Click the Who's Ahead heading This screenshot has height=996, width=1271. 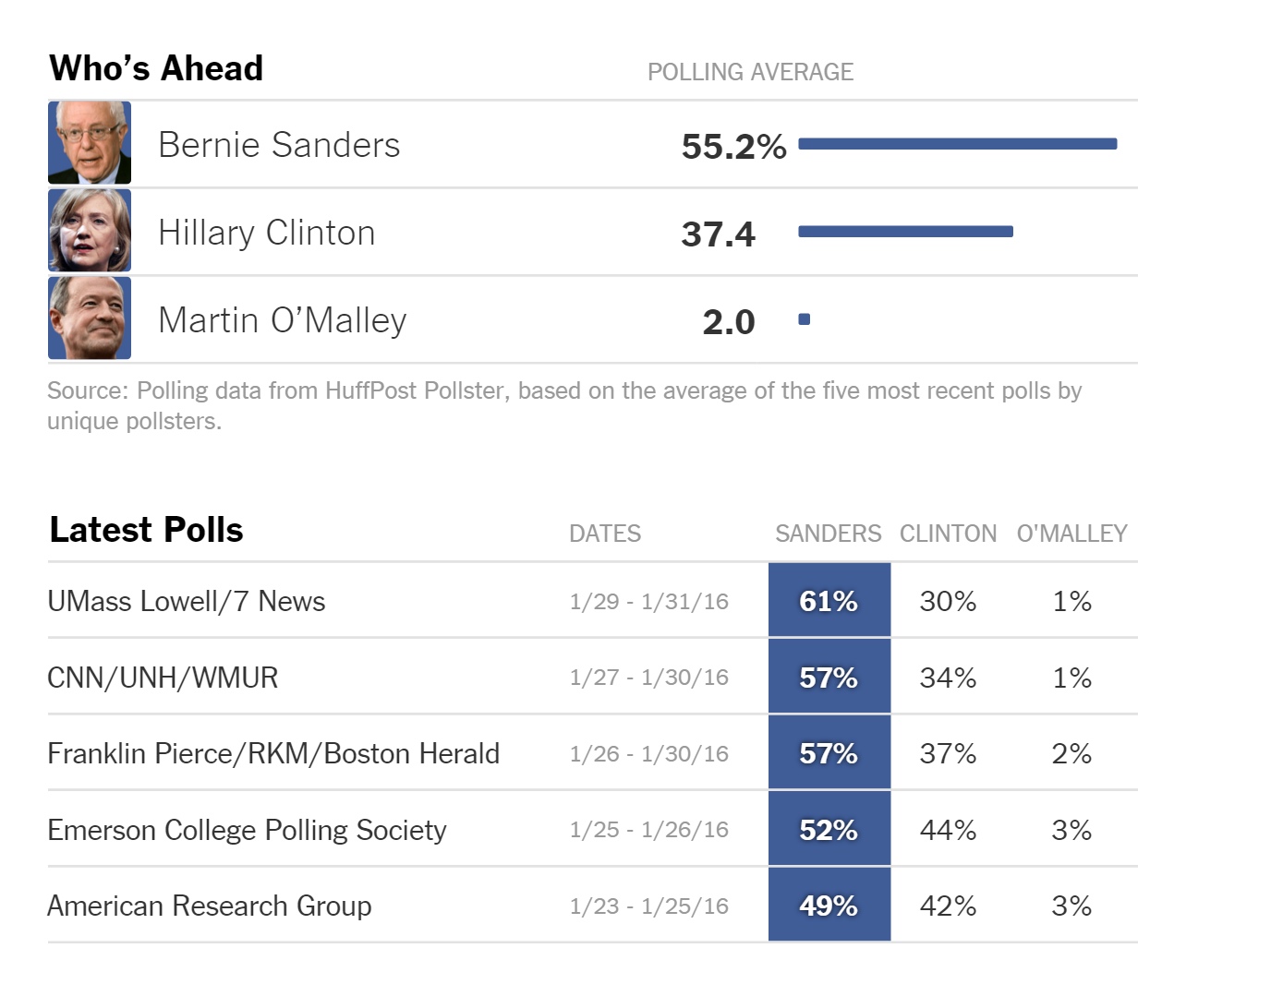click(x=156, y=67)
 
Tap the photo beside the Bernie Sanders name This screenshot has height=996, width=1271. click(x=90, y=143)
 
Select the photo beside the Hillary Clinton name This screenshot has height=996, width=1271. click(x=90, y=230)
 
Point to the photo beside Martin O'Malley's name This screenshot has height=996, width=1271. click(x=90, y=318)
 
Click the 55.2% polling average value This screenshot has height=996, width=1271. click(x=733, y=146)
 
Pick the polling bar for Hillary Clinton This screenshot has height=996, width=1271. click(x=905, y=232)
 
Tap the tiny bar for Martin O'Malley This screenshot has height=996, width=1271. click(x=805, y=319)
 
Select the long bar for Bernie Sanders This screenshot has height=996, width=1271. click(x=958, y=144)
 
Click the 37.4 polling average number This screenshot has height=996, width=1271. click(x=719, y=234)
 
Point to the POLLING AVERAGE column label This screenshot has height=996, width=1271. click(x=750, y=72)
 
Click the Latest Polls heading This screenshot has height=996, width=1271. click(x=146, y=530)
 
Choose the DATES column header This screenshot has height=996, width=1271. click(x=605, y=533)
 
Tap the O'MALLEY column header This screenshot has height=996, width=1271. click(x=1071, y=533)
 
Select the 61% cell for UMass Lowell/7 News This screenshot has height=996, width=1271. click(x=829, y=600)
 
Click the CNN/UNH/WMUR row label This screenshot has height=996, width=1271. click(x=163, y=678)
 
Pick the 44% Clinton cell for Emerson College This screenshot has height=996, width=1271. click(x=948, y=830)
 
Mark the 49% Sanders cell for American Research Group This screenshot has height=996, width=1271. click(x=829, y=905)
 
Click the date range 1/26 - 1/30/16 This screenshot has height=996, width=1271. click(x=649, y=753)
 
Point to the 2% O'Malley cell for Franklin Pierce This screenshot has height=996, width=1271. click(x=1071, y=753)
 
